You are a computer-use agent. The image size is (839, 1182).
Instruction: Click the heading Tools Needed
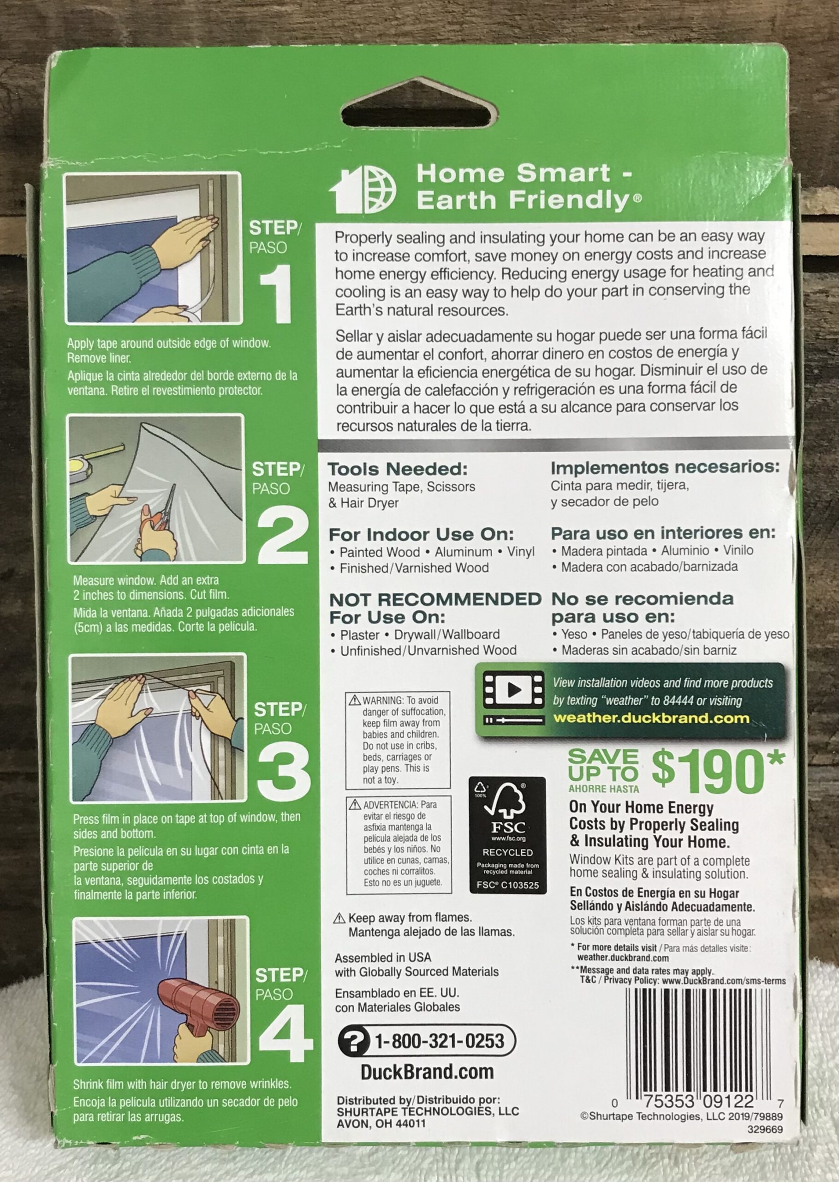pos(397,469)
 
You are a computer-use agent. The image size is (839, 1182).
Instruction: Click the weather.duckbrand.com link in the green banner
pos(651,718)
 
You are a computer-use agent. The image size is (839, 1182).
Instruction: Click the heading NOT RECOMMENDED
pos(435,599)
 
